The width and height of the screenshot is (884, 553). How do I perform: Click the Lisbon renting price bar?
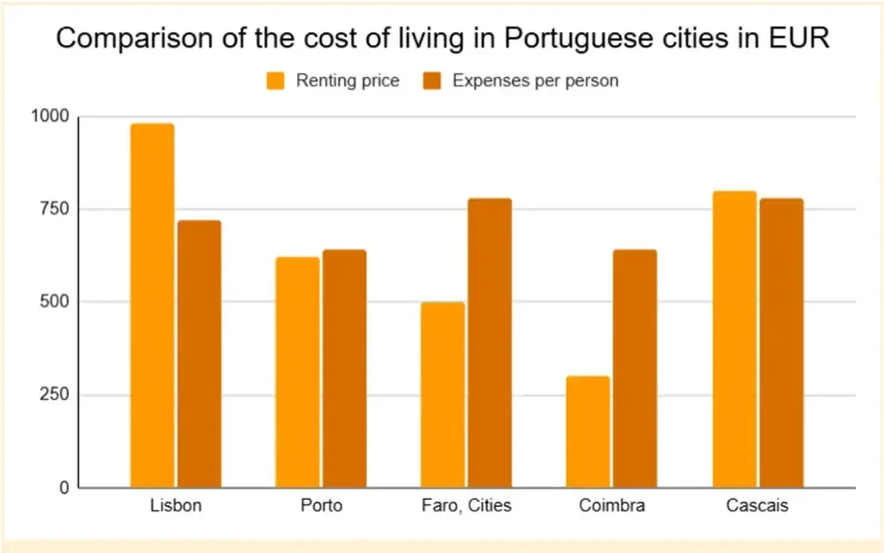(152, 305)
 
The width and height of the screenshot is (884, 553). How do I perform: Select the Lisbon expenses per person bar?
(199, 354)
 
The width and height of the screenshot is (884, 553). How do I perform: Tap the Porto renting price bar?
(297, 372)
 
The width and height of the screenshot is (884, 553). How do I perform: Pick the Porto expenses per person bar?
(344, 368)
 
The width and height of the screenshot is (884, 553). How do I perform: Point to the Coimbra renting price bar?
(588, 432)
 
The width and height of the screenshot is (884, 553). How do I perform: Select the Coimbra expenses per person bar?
(635, 368)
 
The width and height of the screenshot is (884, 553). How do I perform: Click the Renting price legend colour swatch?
(276, 81)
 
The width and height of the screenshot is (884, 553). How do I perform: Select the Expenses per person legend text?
(535, 81)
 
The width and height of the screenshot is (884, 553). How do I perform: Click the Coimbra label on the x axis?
(612, 507)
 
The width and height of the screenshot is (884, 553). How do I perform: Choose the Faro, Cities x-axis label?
(466, 507)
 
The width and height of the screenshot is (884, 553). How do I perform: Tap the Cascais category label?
(757, 507)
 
